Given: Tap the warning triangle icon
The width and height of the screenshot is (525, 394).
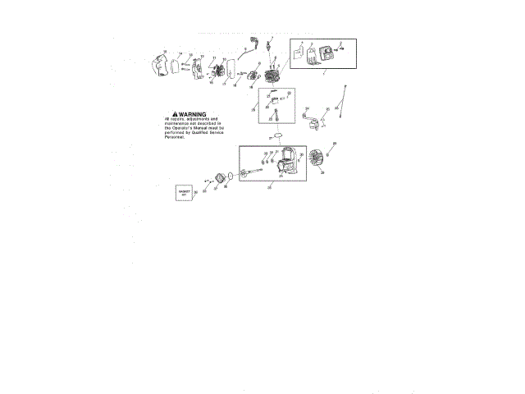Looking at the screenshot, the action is tap(174, 114).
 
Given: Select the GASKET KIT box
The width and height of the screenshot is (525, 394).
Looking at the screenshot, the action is tap(184, 192).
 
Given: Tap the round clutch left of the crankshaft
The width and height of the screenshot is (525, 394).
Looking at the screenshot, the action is tap(220, 180).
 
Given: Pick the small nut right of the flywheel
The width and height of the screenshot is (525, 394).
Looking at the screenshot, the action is tap(329, 153).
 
